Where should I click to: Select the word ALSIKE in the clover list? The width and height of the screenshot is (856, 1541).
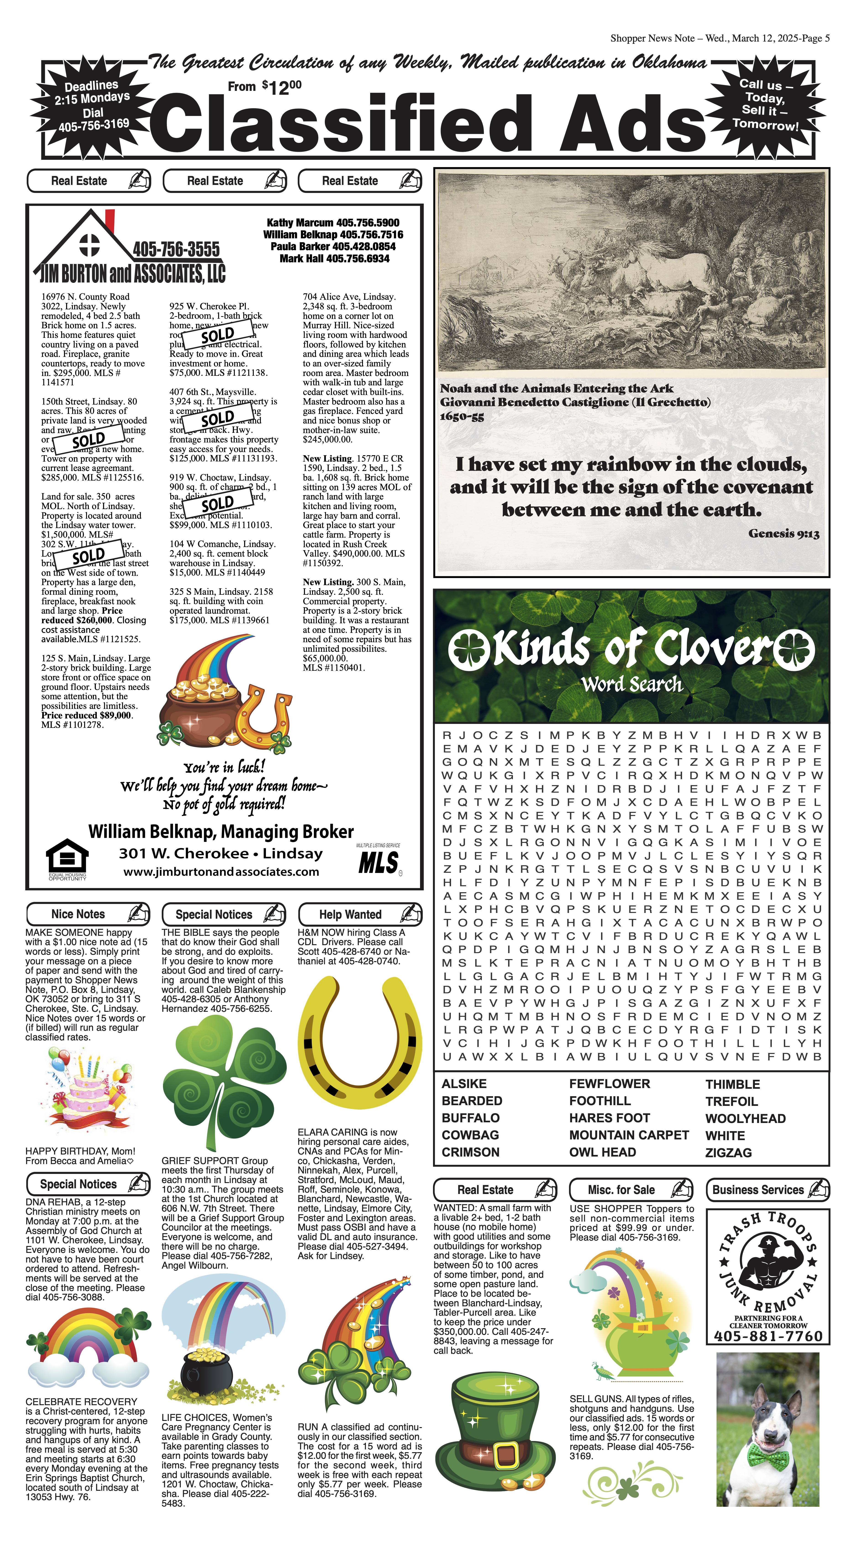point(464,1084)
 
